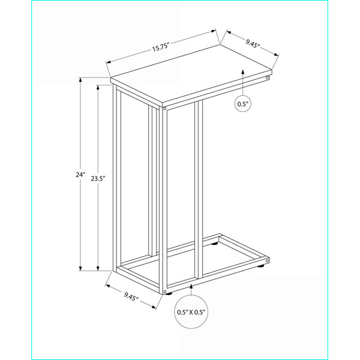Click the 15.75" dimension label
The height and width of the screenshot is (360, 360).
click(x=160, y=47)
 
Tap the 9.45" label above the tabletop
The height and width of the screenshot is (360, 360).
click(x=253, y=43)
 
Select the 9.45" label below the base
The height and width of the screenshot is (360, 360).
click(x=131, y=296)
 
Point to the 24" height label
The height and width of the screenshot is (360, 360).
click(x=80, y=175)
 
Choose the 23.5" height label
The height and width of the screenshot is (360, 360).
click(x=98, y=178)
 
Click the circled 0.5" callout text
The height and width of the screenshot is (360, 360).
click(x=243, y=104)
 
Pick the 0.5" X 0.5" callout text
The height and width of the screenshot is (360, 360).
click(x=191, y=312)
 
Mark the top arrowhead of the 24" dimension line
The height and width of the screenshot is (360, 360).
click(x=80, y=80)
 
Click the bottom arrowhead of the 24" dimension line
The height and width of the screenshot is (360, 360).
click(x=80, y=268)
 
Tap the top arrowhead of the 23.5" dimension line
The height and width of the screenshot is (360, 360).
click(x=98, y=88)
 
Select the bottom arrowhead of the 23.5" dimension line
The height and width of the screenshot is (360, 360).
click(x=98, y=268)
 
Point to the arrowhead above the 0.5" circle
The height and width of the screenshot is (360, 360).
click(x=243, y=71)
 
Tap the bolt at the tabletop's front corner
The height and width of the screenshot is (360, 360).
click(x=164, y=108)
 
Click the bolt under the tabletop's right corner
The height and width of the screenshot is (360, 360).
click(x=267, y=78)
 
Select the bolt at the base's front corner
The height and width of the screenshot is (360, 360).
click(x=164, y=292)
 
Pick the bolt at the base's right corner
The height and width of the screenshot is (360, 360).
click(x=267, y=261)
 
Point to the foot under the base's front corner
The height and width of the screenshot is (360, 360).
click(x=169, y=293)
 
